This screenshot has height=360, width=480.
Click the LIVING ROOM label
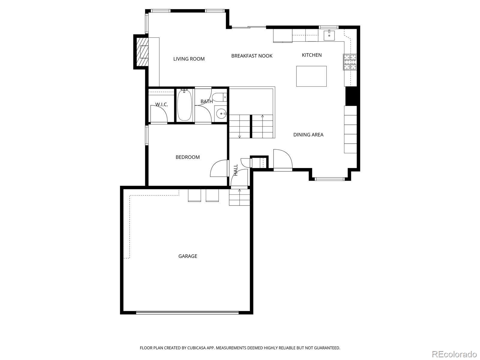coord(189,59)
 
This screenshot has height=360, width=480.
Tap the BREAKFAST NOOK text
coord(252,56)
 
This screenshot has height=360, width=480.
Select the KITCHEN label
coord(312,55)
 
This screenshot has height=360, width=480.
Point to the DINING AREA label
coord(308,135)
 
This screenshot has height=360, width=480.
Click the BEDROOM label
coord(187,157)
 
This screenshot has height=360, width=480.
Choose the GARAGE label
coord(188,256)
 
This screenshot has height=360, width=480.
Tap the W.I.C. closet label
coord(161,104)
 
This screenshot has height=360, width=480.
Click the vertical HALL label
coord(236,170)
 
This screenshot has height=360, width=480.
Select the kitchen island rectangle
coord(311,76)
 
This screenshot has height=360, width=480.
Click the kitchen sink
coord(329,35)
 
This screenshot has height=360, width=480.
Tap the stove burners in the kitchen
coord(350,62)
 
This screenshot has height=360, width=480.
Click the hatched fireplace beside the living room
coord(142,52)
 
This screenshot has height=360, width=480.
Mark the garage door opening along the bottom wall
coord(187,313)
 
